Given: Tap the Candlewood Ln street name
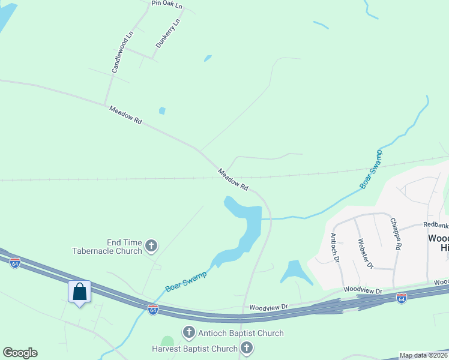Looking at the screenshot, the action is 122,52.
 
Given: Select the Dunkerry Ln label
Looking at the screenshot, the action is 167,34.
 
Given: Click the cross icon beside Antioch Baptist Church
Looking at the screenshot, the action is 188,332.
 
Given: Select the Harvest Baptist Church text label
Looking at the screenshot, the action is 195,349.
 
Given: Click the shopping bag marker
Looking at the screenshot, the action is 80,292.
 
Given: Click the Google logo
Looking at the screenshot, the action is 20,353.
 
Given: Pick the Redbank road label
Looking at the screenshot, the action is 436,225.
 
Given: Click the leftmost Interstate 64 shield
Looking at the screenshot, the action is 15,263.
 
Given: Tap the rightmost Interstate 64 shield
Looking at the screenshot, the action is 402,298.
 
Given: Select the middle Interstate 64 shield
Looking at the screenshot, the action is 153,309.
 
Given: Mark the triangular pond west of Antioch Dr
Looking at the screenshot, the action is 295,273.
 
